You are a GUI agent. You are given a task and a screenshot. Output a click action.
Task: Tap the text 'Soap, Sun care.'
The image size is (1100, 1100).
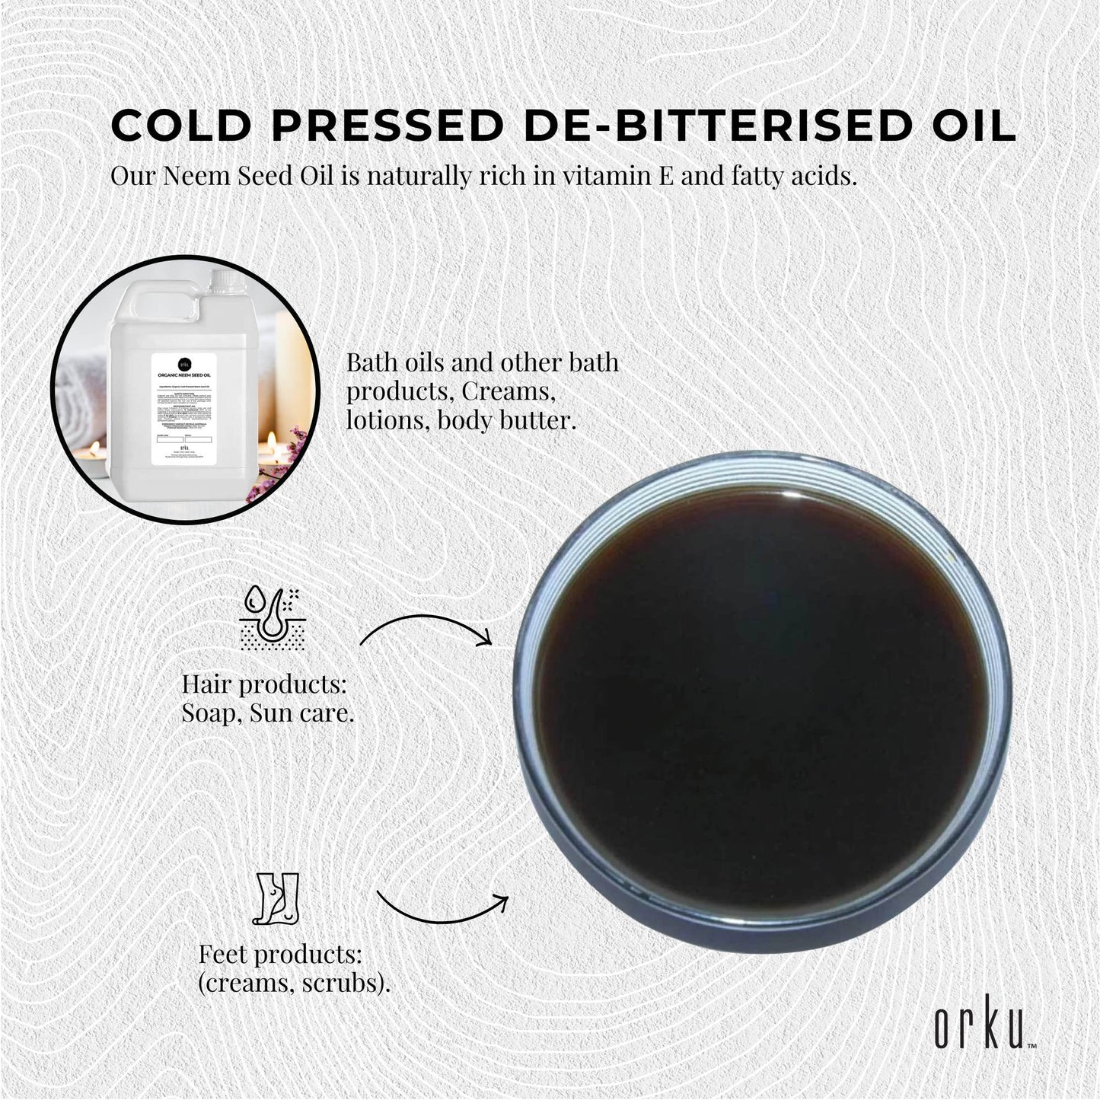(x=267, y=713)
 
